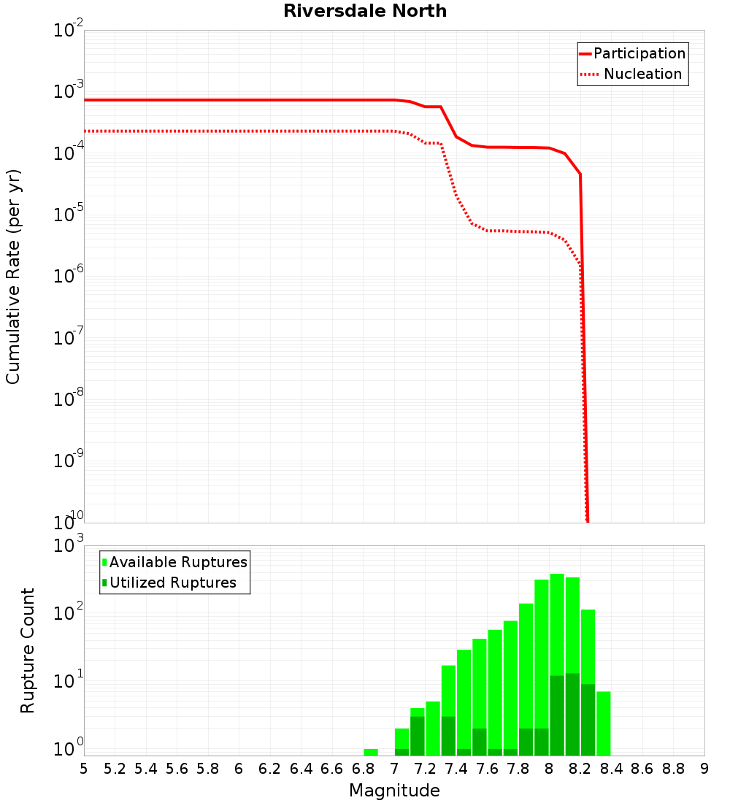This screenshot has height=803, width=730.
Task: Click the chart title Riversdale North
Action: tap(365, 11)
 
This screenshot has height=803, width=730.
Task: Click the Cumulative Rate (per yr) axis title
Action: tap(13, 276)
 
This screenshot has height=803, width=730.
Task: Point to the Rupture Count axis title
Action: tap(28, 650)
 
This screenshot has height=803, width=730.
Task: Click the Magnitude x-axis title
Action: tap(394, 791)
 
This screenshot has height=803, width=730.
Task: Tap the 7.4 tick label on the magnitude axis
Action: tap(456, 769)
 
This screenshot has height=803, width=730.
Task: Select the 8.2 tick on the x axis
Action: tap(580, 769)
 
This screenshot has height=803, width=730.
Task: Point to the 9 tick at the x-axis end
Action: tap(704, 769)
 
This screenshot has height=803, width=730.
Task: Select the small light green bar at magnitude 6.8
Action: tap(371, 752)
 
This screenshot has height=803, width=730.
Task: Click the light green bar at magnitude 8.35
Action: tap(604, 723)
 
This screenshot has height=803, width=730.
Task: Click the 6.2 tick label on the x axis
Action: tap(270, 769)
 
